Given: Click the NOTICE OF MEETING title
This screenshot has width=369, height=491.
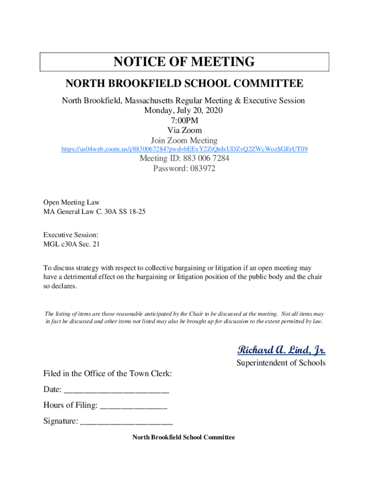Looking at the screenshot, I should point(184,62).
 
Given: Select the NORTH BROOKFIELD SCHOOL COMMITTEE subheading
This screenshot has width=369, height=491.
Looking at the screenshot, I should point(184,84).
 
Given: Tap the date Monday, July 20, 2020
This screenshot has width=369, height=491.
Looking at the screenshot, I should point(184,111).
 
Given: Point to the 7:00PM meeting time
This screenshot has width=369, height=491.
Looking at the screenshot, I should point(184,121).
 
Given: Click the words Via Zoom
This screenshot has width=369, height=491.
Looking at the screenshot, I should point(184,130).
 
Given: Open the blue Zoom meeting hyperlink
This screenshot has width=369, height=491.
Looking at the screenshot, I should point(184,150).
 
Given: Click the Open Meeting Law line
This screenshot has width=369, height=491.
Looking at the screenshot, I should point(71,202).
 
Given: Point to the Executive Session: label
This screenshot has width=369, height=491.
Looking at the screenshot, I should point(71,235).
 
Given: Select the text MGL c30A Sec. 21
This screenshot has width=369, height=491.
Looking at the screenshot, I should point(72,244).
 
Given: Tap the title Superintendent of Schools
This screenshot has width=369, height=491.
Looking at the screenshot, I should point(281,363).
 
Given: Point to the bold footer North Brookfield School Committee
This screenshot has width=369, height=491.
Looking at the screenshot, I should point(184,438).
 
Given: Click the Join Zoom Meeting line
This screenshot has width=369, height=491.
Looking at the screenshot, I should point(184,140).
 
